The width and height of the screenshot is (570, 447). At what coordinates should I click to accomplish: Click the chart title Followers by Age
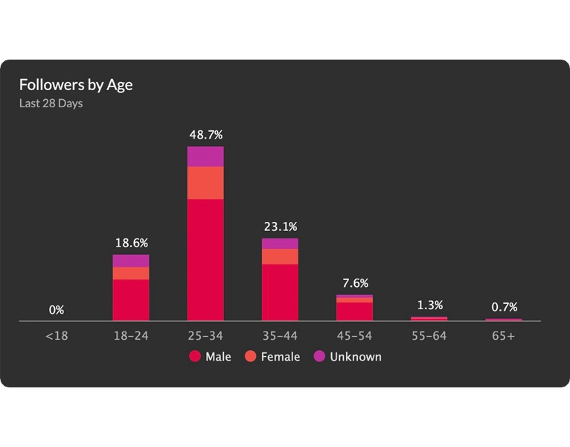76,84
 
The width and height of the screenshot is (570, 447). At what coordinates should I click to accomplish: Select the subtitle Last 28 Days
51,104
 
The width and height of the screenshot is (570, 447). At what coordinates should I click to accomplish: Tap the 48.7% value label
205,135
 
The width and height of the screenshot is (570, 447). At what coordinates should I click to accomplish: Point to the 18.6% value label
131,243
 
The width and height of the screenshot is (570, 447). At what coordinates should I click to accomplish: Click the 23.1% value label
280,226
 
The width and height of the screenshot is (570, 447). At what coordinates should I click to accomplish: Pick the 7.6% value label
354,283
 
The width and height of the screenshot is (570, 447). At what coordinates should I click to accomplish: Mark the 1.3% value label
429,305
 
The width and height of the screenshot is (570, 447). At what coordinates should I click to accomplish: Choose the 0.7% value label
504,307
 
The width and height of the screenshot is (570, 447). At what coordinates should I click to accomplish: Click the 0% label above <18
57,310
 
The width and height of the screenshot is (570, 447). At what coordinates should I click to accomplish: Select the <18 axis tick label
57,336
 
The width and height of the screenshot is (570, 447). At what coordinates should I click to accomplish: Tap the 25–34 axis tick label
205,336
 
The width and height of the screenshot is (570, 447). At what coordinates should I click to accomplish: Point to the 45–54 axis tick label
354,336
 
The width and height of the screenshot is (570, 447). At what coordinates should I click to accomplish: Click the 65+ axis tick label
504,336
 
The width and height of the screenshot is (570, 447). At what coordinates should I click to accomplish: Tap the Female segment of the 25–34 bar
205,183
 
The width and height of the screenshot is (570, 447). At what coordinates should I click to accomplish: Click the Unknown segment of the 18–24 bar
131,261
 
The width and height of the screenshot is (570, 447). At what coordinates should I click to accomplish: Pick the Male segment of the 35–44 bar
280,292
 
